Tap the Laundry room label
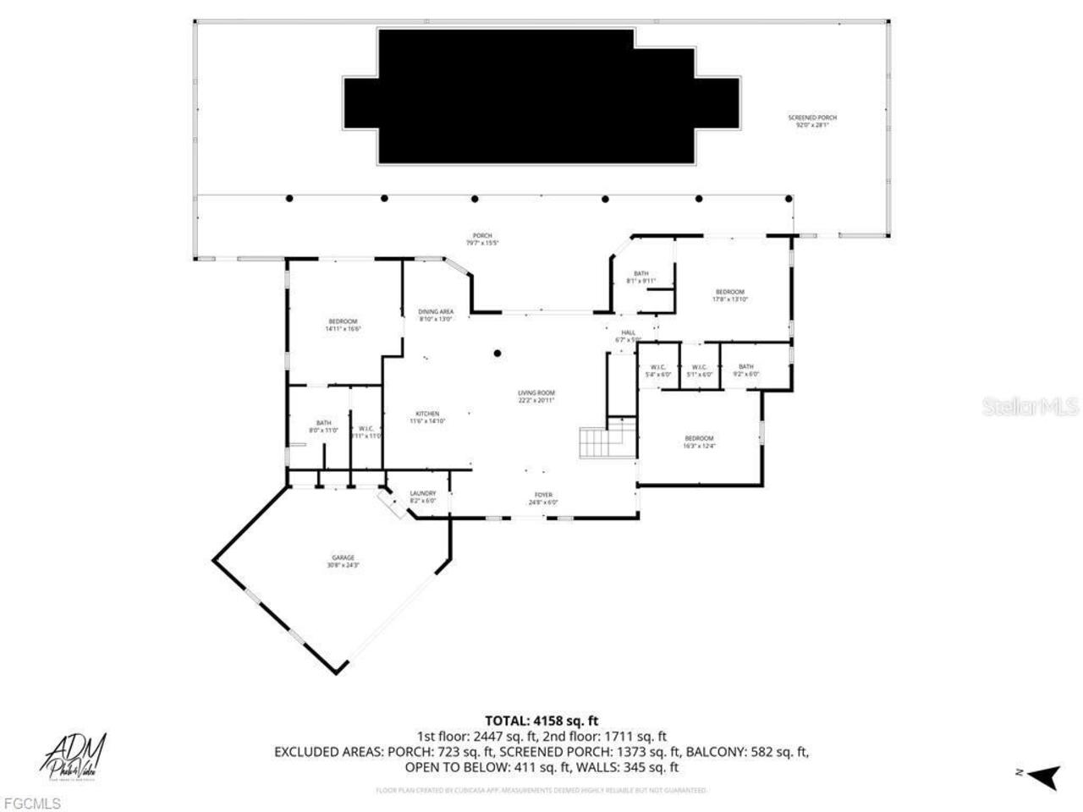click(422, 497)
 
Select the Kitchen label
click(427, 417)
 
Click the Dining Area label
click(436, 315)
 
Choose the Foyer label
click(542, 498)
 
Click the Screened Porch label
click(812, 121)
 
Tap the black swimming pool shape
click(541, 97)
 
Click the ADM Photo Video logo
click(74, 755)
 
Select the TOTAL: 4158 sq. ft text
click(541, 721)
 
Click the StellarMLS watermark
click(1030, 407)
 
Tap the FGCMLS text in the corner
click(31, 803)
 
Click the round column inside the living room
click(498, 354)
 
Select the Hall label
click(628, 336)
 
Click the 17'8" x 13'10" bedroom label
click(729, 295)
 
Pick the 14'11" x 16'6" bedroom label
click(343, 325)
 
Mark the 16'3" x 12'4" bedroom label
click(700, 442)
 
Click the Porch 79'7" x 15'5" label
click(481, 239)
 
